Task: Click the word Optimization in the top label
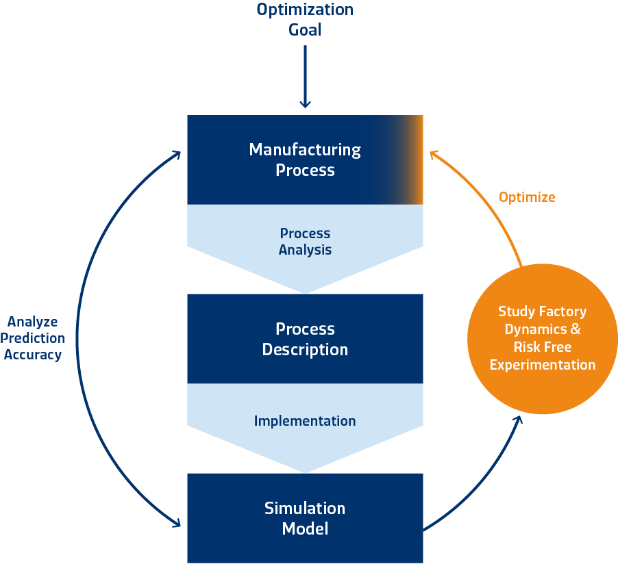click(x=305, y=10)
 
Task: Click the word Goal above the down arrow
click(x=305, y=29)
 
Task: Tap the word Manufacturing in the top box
click(x=305, y=149)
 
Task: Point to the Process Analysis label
click(x=305, y=242)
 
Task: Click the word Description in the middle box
click(x=305, y=350)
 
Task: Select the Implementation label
click(x=305, y=421)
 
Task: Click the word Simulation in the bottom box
click(x=305, y=509)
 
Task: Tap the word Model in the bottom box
click(x=305, y=529)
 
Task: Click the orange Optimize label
click(x=527, y=197)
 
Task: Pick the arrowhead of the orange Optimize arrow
click(x=433, y=155)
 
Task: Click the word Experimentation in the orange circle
click(x=542, y=365)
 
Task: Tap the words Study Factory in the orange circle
click(x=542, y=311)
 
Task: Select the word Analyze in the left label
click(x=32, y=322)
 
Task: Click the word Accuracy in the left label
click(x=32, y=355)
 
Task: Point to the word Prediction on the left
click(x=32, y=338)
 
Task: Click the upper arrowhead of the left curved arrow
click(x=177, y=155)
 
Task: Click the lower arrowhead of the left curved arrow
click(x=177, y=524)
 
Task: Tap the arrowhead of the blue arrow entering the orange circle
click(x=517, y=418)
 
